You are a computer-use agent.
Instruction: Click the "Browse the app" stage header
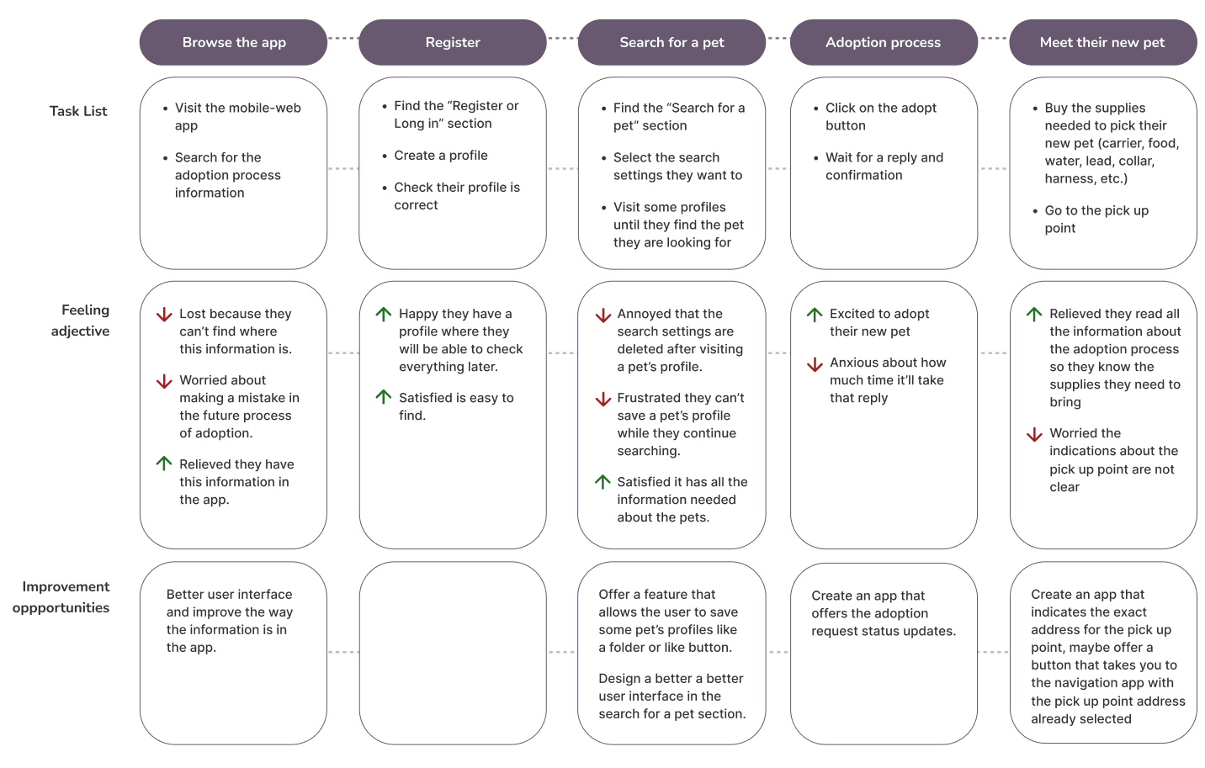coord(233,42)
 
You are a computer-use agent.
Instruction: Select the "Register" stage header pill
coord(453,42)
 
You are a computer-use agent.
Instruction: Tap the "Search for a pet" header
coord(672,42)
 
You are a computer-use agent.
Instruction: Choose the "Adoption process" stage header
coord(883,42)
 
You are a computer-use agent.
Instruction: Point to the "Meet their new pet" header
coord(1101,42)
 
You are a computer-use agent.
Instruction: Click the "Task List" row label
coord(78,111)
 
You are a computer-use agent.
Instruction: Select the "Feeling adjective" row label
coord(81,320)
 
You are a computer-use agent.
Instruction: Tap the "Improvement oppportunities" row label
coord(62,597)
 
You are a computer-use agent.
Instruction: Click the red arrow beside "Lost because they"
coord(164,315)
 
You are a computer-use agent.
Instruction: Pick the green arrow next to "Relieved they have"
coord(164,463)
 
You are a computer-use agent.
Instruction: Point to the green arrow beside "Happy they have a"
coord(384,314)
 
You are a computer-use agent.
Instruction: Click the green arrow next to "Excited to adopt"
coord(815,314)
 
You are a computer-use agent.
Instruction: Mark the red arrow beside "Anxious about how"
coord(815,364)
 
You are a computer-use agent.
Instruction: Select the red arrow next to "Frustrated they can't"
coord(603,399)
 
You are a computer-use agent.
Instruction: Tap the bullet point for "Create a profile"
coord(385,156)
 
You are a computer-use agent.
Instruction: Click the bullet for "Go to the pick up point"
coord(1035,211)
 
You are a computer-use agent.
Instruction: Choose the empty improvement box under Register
coord(453,653)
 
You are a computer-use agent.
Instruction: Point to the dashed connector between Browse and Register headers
coord(342,38)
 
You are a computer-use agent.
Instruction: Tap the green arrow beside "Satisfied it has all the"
coord(603,481)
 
